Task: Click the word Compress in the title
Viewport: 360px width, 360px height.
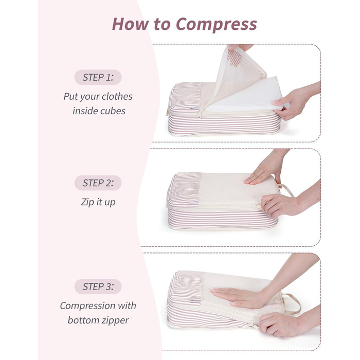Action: [x=217, y=25]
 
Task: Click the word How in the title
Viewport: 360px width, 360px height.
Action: [x=131, y=24]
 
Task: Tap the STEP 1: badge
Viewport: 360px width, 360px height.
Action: [x=98, y=77]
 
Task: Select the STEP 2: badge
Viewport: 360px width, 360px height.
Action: [x=98, y=183]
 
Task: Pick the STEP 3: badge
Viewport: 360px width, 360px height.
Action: [x=98, y=286]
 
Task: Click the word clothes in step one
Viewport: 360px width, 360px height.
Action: [x=117, y=97]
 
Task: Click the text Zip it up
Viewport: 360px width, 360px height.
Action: [x=98, y=202]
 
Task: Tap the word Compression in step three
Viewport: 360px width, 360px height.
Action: [x=87, y=306]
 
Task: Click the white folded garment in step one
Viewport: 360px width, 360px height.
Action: [x=246, y=95]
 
